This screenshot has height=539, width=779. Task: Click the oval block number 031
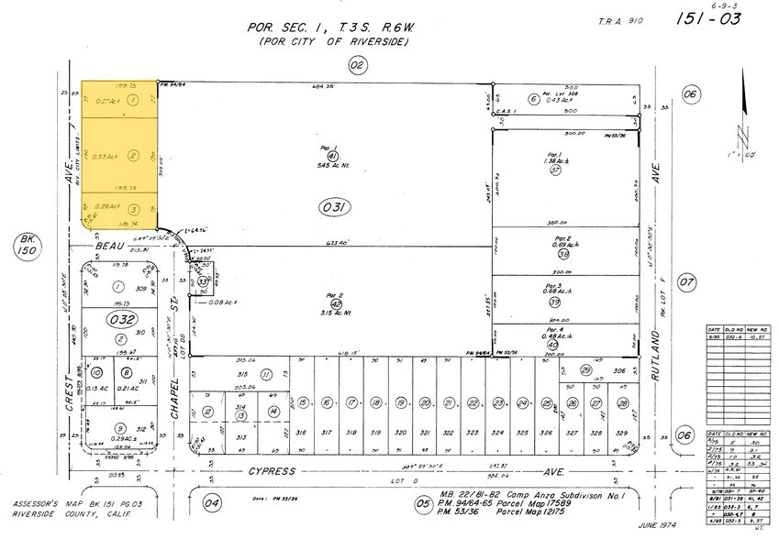(336, 208)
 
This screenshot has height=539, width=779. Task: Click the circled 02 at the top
(357, 64)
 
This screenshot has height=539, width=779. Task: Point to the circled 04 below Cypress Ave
(212, 501)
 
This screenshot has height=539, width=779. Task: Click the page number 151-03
(711, 18)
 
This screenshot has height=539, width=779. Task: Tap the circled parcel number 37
(555, 170)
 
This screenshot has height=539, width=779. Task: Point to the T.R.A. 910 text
(620, 20)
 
